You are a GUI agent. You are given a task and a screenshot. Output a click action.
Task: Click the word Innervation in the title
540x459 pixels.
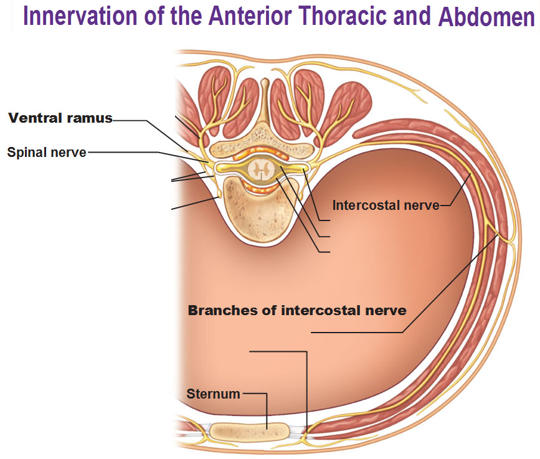(80, 16)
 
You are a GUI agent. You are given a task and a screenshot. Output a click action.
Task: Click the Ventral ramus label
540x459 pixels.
(60, 118)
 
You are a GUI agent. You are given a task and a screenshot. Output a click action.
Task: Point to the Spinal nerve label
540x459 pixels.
(47, 152)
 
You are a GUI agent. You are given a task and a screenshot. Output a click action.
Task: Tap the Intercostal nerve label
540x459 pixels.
(386, 206)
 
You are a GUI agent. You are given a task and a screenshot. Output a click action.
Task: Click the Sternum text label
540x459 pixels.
(213, 394)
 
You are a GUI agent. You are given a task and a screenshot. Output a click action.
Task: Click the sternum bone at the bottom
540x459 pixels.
(250, 432)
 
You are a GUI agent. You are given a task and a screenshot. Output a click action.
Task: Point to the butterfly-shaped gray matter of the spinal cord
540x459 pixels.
(261, 169)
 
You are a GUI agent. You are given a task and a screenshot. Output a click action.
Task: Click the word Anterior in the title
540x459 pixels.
(251, 16)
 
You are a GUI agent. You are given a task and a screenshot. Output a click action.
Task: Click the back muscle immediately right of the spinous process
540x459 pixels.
(286, 103)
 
